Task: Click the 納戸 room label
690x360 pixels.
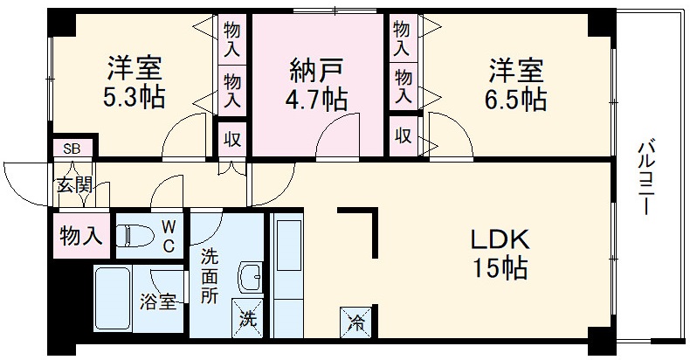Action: pos(317,68)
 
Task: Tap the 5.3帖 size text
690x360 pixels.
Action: pos(135,97)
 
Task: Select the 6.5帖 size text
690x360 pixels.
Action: pos(517,97)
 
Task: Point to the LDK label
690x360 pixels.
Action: pos(501,239)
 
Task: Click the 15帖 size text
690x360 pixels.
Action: pos(500,268)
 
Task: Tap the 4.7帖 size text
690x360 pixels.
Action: pos(317,98)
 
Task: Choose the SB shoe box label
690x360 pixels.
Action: pos(72,149)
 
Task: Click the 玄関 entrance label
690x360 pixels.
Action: pos(75,184)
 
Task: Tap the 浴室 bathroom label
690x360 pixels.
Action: pos(159,303)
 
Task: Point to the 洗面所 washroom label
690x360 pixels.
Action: pos(210,275)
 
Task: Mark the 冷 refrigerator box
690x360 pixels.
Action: pos(358,321)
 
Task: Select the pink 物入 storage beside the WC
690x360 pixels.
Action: pos(80,235)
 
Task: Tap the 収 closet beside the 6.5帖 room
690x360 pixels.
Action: pos(403,136)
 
